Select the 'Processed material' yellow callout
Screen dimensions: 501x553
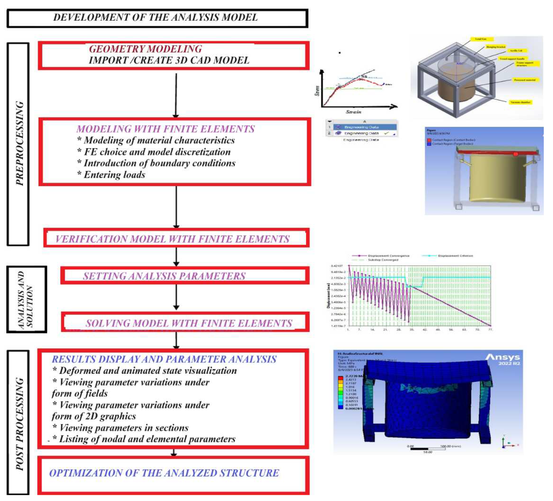524,80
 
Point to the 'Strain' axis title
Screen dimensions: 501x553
353,112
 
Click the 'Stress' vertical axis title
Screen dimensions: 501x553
317,91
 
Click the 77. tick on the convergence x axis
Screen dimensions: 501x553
490,329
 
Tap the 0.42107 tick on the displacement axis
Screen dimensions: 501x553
337,266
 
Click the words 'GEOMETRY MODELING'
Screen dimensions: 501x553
145,49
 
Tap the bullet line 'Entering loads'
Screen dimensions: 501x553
114,175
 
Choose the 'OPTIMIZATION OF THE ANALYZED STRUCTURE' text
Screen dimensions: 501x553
164,473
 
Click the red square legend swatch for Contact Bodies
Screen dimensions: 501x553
429,140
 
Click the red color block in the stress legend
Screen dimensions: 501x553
340,378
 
